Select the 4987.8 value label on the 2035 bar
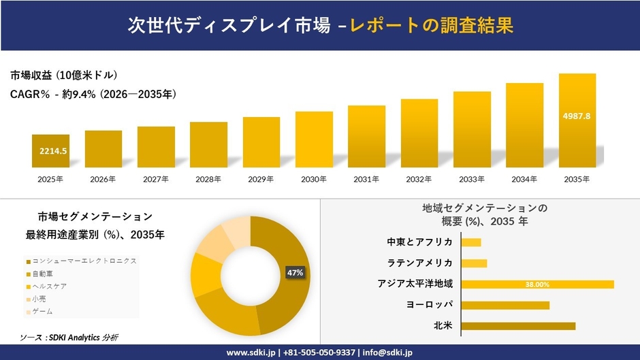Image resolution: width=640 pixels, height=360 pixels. pyautogui.click(x=577, y=116)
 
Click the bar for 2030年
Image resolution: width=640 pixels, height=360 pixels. pyautogui.click(x=314, y=140)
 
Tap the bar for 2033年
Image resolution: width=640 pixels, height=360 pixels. pyautogui.click(x=472, y=129)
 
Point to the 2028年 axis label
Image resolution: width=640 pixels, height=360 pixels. pyautogui.click(x=208, y=180)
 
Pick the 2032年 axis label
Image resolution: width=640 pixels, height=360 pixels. pyautogui.click(x=419, y=180)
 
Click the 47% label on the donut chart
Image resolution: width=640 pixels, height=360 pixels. pyautogui.click(x=295, y=273)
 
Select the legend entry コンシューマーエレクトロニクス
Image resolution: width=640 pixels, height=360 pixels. pyautogui.click(x=83, y=261)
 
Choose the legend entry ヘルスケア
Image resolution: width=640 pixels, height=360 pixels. pyautogui.click(x=48, y=287)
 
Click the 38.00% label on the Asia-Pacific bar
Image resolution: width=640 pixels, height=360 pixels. pyautogui.click(x=537, y=284)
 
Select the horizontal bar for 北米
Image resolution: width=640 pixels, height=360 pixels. pyautogui.click(x=518, y=326)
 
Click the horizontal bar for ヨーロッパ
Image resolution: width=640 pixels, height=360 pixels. pyautogui.click(x=505, y=305)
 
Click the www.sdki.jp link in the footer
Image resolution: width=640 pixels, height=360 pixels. pyautogui.click(x=250, y=353)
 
